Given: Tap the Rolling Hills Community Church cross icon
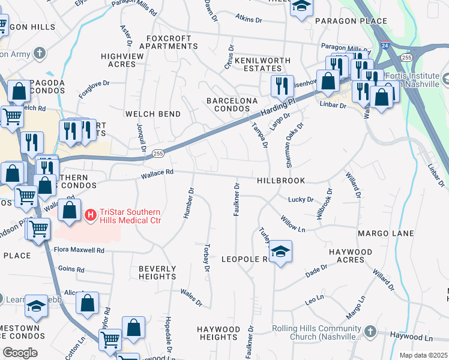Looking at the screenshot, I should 370,331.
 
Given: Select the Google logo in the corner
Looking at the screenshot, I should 20,352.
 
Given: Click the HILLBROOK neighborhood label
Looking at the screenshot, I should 281,181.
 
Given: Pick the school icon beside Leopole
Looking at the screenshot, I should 280,251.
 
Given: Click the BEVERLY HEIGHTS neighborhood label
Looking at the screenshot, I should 157,272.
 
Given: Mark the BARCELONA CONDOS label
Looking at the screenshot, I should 228,104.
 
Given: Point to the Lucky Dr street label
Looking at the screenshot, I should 301,200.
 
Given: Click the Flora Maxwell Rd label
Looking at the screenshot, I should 79,250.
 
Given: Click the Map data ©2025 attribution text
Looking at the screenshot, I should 424,355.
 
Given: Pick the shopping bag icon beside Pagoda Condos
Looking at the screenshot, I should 19,91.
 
